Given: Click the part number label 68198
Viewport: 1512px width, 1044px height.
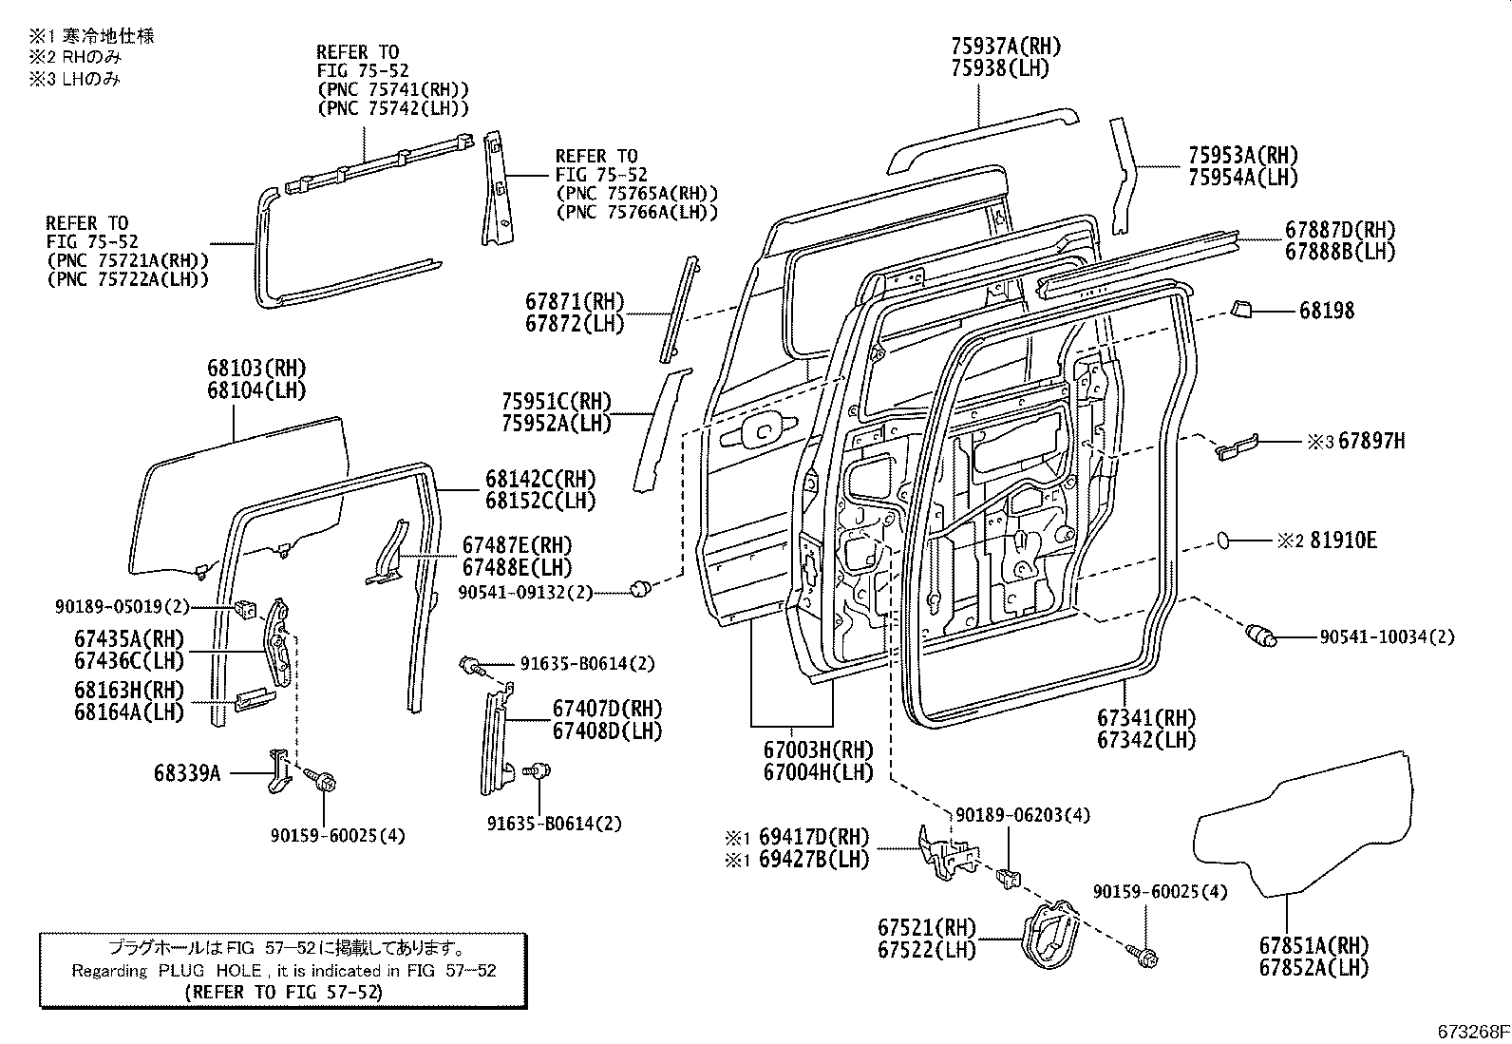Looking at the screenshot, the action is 1327,311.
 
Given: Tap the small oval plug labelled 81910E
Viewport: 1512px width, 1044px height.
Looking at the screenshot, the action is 1223,541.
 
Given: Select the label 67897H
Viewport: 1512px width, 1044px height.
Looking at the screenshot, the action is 1371,441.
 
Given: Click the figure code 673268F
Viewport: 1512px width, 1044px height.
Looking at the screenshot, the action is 1473,1031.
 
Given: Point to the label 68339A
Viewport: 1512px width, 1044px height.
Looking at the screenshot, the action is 187,772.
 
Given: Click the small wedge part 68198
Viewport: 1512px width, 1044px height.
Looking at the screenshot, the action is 1240,310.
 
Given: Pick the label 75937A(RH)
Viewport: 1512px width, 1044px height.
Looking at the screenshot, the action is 1006,46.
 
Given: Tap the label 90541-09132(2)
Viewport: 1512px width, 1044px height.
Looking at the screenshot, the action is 525,592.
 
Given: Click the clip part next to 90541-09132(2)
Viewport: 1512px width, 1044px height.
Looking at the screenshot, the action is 640,588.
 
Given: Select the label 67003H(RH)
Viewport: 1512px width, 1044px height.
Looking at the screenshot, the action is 818,750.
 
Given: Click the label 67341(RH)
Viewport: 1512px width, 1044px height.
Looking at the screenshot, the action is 1146,717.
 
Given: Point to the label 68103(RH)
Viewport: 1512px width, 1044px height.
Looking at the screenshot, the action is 256,368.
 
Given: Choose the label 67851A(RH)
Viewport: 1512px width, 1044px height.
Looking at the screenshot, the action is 1314,945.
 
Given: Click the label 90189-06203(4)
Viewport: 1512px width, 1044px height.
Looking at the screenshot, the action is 1023,815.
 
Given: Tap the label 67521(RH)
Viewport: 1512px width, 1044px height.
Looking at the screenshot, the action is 927,927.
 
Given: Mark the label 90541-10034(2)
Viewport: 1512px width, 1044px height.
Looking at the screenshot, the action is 1388,636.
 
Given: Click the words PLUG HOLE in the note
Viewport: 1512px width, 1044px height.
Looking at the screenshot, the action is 210,971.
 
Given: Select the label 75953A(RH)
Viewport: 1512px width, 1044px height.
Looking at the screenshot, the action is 1243,155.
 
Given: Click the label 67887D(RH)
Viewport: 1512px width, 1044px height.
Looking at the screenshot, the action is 1340,230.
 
